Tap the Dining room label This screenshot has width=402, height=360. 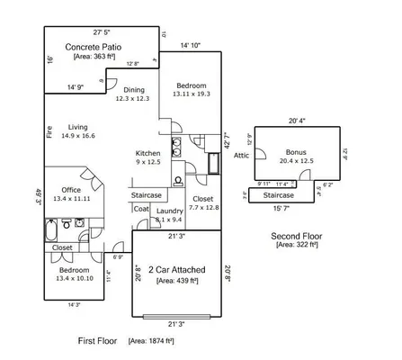[x=133, y=90]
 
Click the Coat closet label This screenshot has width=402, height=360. [x=141, y=210]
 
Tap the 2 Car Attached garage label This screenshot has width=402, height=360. [x=176, y=269]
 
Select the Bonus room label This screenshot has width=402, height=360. [x=296, y=152]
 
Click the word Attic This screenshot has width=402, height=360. [x=241, y=155]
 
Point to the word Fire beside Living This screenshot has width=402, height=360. [x=49, y=130]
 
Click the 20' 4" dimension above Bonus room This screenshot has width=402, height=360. [x=298, y=120]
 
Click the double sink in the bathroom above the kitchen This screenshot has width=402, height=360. [x=176, y=142]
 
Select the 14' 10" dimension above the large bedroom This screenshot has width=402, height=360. [x=190, y=45]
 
